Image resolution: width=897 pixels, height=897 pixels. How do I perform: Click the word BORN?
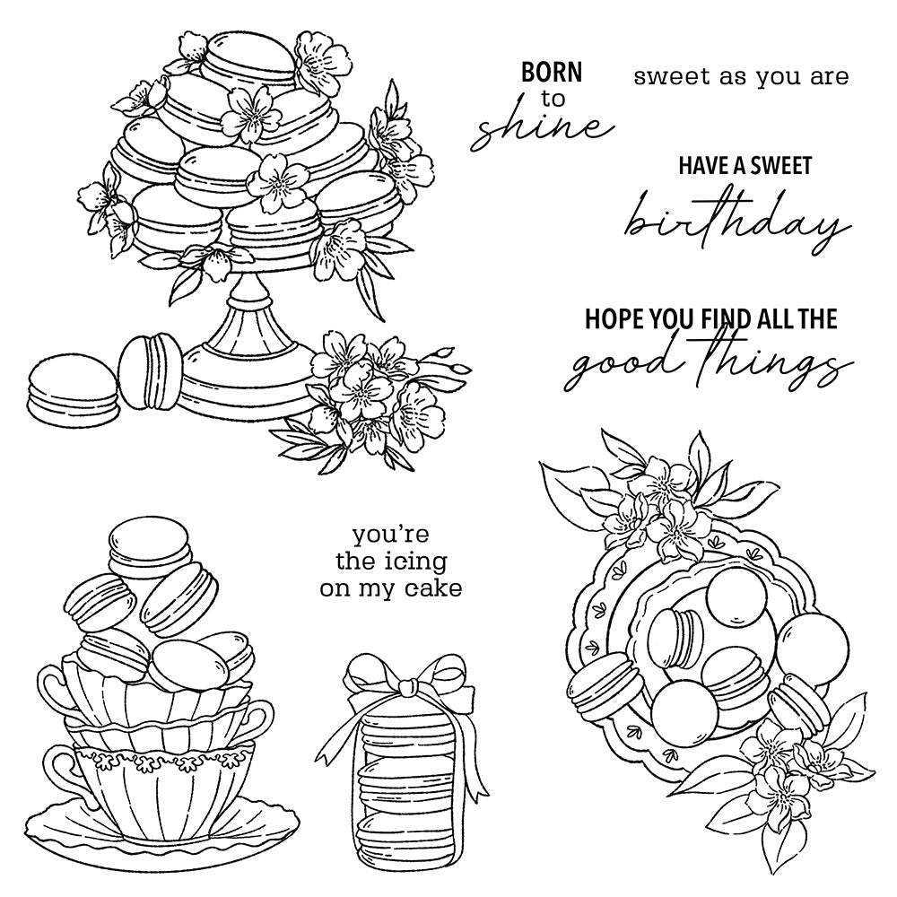[x=552, y=72]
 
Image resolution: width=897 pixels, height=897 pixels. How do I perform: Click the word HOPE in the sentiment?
[x=616, y=318]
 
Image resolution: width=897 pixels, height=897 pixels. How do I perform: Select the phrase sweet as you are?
[x=740, y=76]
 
